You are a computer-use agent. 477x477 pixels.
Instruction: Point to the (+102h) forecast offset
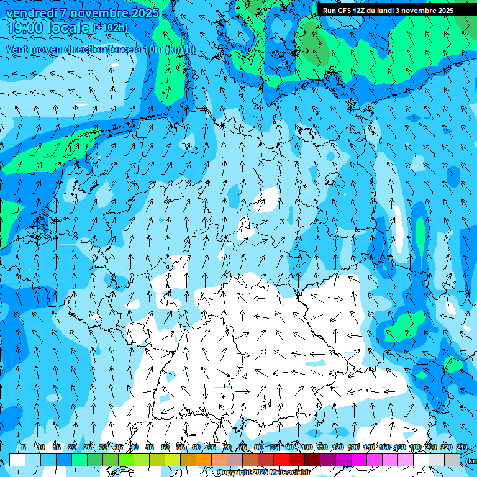coord(111,28)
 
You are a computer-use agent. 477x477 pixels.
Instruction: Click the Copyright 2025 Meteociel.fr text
coord(263,473)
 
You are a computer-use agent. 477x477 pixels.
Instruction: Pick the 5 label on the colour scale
coord(24,447)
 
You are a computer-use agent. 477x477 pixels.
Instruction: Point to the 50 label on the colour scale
coord(165,447)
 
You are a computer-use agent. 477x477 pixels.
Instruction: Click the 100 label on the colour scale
coord(306,447)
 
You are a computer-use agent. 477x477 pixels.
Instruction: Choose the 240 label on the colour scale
coord(462,447)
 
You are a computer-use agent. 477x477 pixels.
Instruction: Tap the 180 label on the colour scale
coord(416,447)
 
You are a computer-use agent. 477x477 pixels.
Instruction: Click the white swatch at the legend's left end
coord(17,460)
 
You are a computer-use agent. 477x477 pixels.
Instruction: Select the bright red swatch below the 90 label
coord(281,460)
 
